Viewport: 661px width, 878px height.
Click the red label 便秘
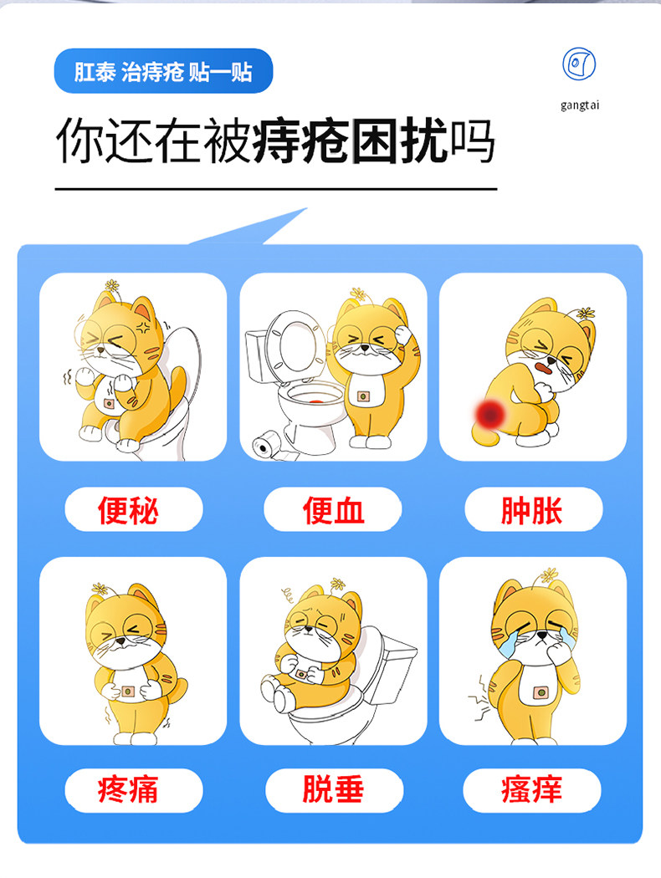pyautogui.click(x=133, y=509)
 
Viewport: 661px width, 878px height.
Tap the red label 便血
pyautogui.click(x=332, y=509)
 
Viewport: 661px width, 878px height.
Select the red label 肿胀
pyautogui.click(x=532, y=509)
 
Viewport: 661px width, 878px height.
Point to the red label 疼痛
pyautogui.click(x=133, y=789)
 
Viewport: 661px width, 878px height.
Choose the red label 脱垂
pyautogui.click(x=332, y=789)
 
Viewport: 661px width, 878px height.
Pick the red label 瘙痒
pyautogui.click(x=532, y=789)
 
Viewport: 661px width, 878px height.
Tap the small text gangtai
pyautogui.click(x=580, y=105)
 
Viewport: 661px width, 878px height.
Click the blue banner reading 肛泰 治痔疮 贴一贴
pyautogui.click(x=163, y=71)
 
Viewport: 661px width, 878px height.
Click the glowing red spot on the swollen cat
pyautogui.click(x=489, y=411)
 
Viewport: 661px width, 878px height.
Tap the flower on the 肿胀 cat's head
pyautogui.click(x=585, y=315)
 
